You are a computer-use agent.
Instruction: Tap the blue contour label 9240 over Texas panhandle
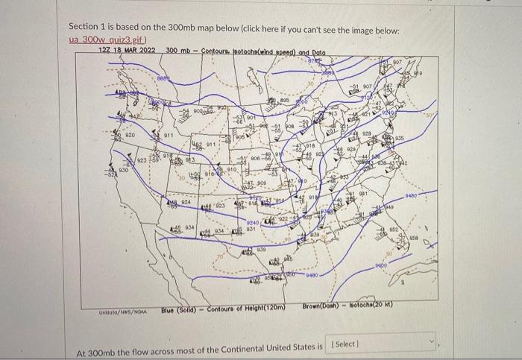click(254, 222)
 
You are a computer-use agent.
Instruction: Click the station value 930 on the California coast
click(123, 171)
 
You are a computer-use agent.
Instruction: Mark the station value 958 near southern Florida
click(414, 241)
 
